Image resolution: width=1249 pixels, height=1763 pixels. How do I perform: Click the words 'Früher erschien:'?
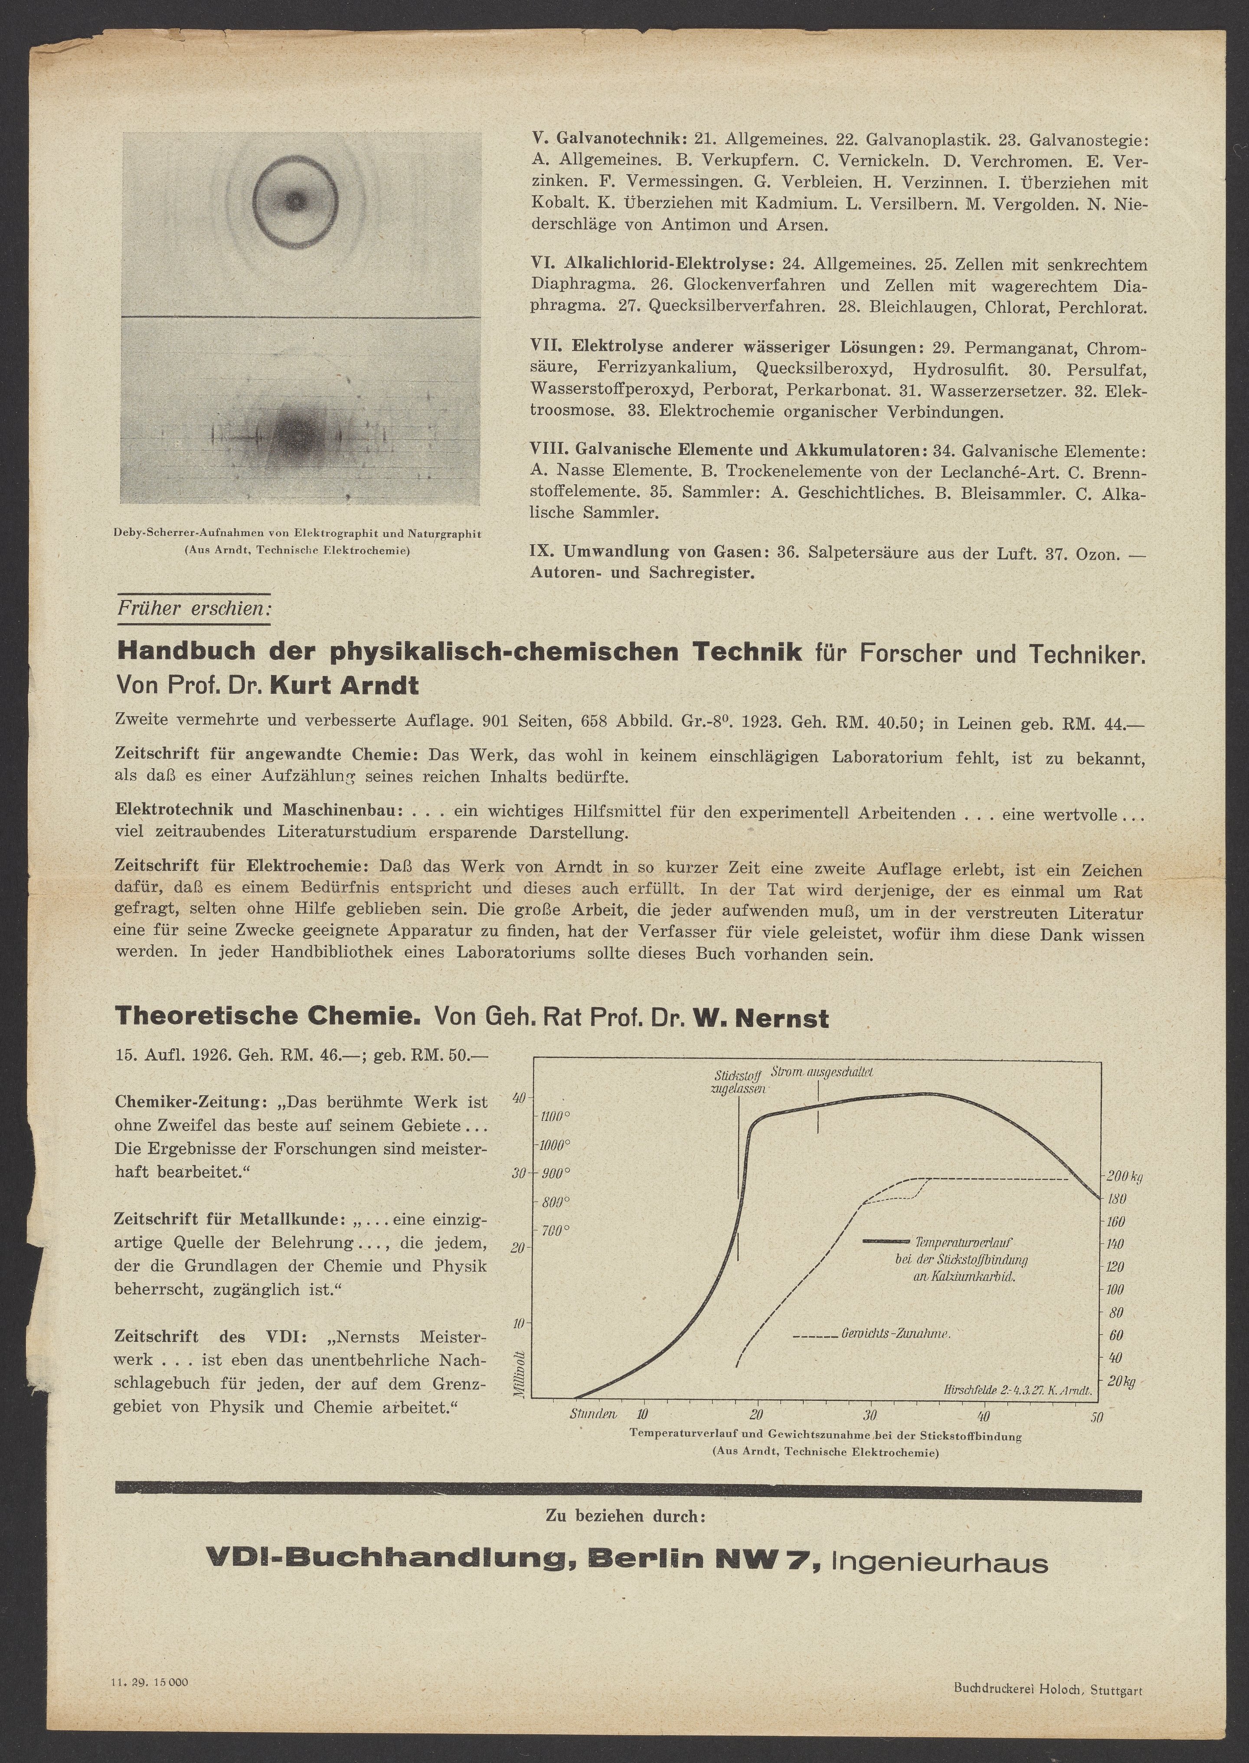194,608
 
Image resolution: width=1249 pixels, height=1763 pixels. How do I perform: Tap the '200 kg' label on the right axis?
1125,1177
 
